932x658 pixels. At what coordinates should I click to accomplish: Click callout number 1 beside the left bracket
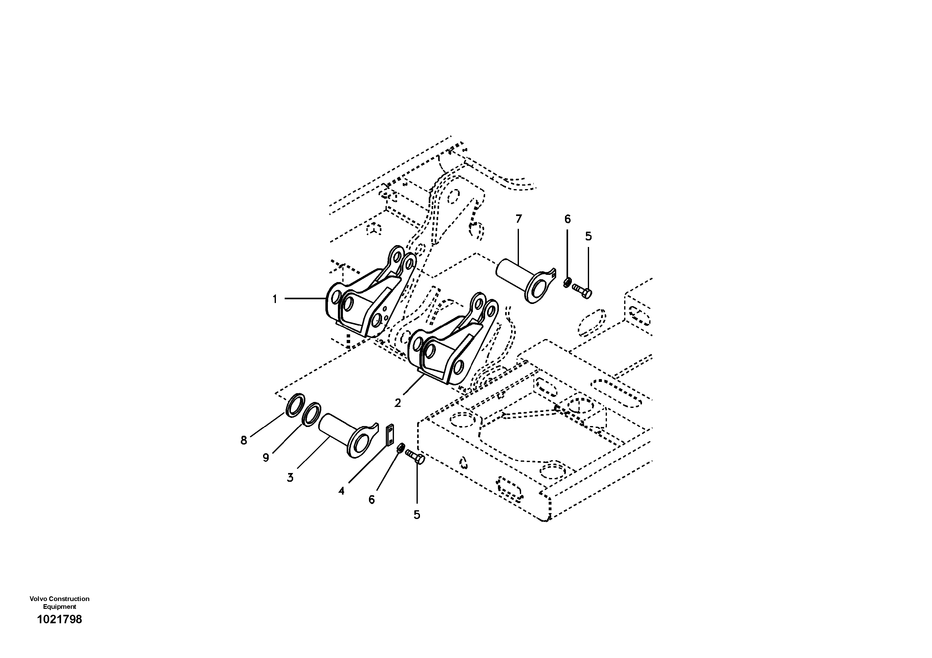[275, 299]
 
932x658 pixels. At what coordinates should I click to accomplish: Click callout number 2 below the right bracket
[398, 403]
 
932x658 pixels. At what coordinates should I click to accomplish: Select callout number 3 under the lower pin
[290, 477]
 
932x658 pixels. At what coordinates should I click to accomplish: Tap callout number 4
[341, 491]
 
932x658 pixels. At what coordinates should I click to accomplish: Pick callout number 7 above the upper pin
[518, 219]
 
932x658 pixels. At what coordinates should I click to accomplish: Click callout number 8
[244, 440]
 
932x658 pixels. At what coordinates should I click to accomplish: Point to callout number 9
[266, 458]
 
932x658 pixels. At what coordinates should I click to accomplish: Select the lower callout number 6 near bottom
[371, 500]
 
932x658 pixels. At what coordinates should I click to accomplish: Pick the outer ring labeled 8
[295, 404]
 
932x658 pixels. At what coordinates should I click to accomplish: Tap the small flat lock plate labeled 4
[390, 435]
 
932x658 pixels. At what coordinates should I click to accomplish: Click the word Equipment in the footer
[60, 607]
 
